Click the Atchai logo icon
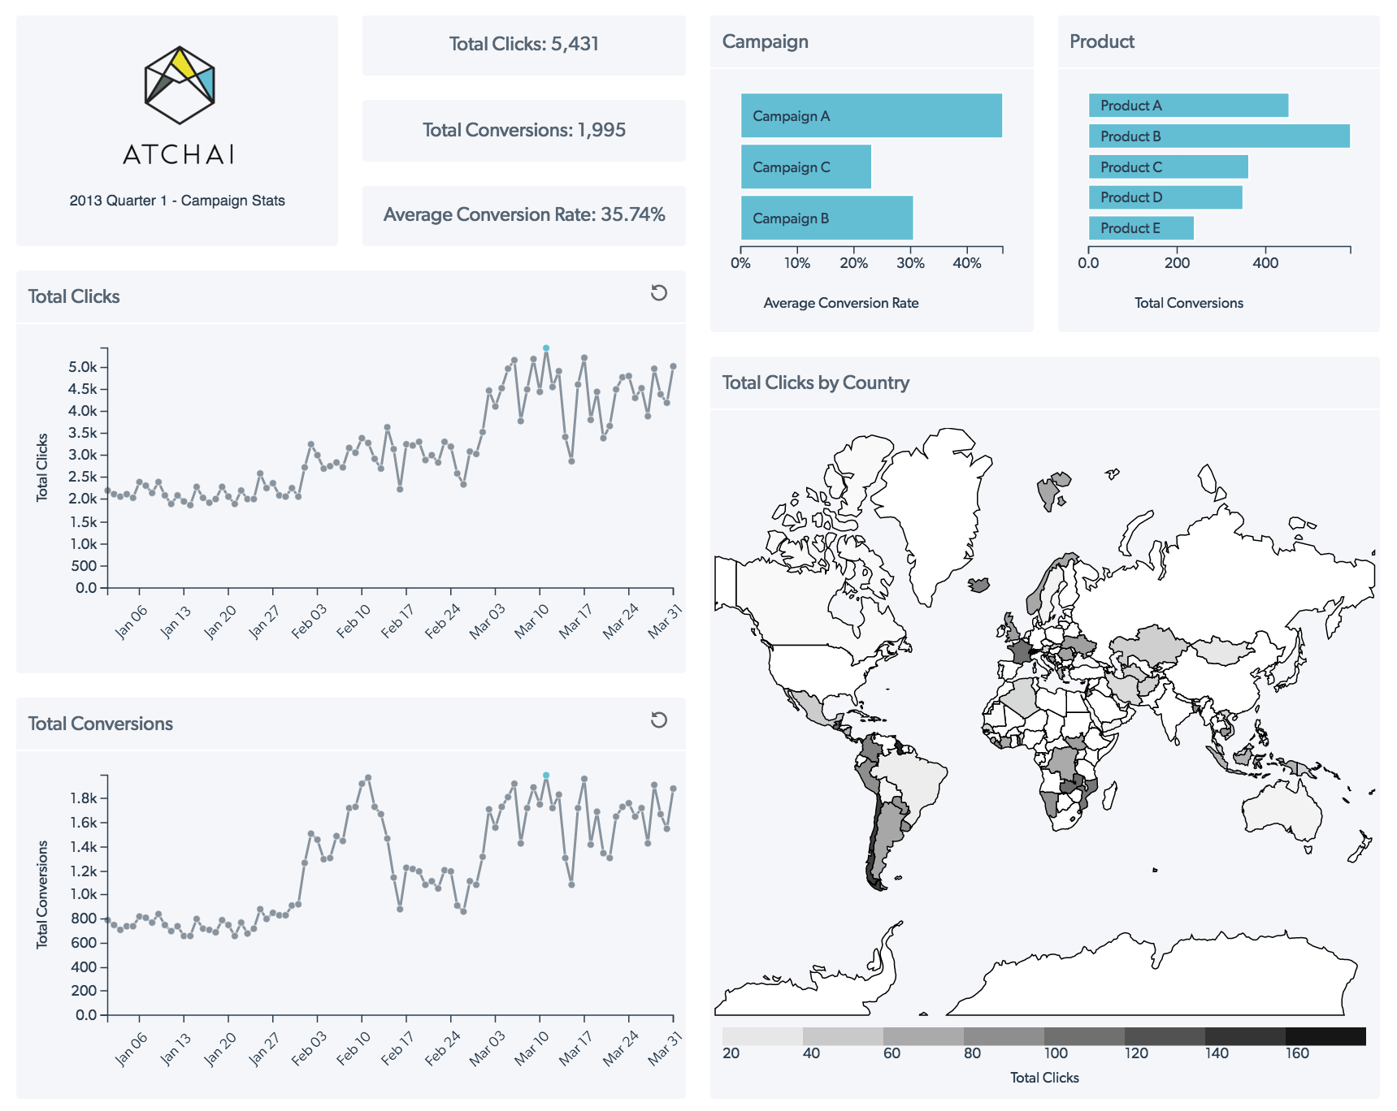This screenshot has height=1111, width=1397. pos(180,84)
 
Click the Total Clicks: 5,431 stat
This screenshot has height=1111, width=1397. pos(524,44)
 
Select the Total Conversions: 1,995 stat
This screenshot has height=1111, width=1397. pos(524,130)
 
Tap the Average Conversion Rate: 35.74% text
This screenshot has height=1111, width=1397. pos(524,214)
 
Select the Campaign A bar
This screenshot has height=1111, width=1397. pos(871,115)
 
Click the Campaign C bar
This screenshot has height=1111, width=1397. pos(805,166)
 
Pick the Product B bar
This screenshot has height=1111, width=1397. pos(1219,136)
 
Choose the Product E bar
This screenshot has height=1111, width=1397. pos(1141,228)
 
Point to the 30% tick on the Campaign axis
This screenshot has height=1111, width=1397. pos(910,262)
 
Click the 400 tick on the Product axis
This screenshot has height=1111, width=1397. pos(1265,262)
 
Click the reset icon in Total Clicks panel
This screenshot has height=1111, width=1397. pos(659,293)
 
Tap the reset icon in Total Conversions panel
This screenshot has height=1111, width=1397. pos(659,720)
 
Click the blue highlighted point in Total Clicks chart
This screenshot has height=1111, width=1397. pos(546,348)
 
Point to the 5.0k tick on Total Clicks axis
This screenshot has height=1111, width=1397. pos(83,367)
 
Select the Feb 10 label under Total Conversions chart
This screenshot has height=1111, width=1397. pos(354,1048)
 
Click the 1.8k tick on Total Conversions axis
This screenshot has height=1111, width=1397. pos(84,798)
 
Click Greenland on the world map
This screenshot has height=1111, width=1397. pos(935,504)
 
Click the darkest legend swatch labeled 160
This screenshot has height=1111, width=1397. pos(1325,1036)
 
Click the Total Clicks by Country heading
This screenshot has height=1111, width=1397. pos(815,383)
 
